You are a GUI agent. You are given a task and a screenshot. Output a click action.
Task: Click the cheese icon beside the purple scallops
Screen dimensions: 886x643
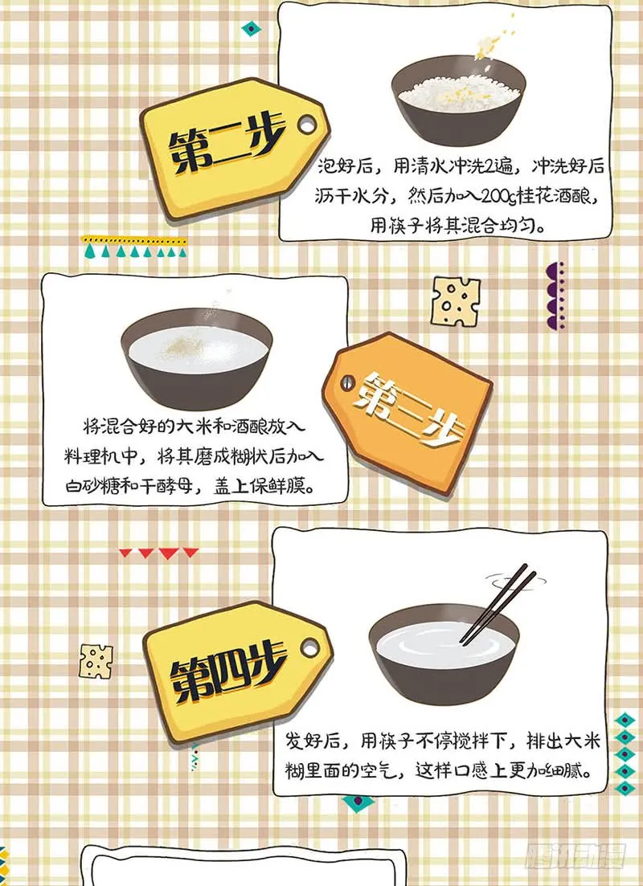click(455, 300)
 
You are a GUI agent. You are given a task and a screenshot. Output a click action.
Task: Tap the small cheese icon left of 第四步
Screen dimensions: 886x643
click(96, 660)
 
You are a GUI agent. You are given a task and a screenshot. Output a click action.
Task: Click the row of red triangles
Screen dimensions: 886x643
click(158, 553)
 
